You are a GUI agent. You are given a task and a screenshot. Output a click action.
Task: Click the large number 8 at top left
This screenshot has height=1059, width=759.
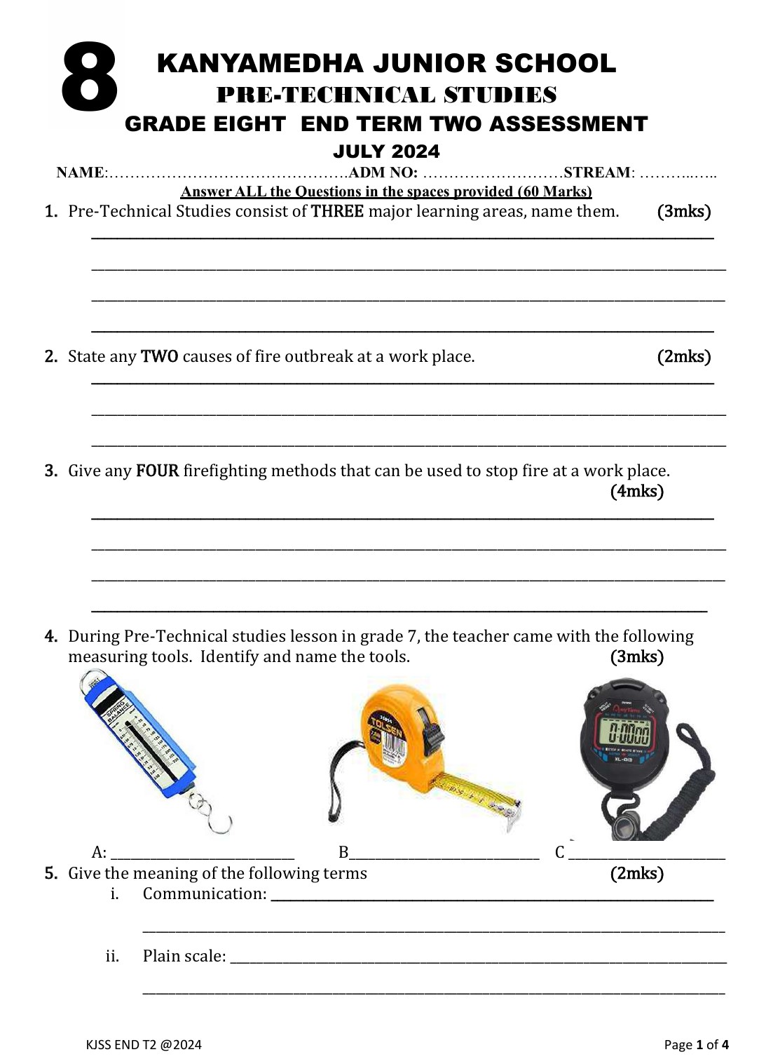point(89,77)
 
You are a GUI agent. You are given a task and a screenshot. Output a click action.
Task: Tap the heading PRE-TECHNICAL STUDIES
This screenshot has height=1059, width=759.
point(386,95)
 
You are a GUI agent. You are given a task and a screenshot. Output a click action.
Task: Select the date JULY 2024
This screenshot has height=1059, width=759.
point(386,151)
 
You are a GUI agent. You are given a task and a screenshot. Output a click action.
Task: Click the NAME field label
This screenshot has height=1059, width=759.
point(80,173)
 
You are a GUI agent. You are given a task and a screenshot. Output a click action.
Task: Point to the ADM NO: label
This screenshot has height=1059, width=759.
point(383,173)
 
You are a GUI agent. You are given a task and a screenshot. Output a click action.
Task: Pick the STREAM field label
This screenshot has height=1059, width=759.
point(597,173)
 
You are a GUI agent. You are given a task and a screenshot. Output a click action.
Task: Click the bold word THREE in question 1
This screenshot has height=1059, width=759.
point(337,212)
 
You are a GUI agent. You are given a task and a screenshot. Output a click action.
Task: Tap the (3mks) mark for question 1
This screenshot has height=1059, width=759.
point(683,212)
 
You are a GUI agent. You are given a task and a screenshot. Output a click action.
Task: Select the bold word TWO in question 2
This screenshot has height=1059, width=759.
point(159,357)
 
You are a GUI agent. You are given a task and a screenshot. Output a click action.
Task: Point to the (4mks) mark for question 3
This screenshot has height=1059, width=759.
point(636,492)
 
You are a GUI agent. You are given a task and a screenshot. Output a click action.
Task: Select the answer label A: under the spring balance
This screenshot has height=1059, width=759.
point(99,853)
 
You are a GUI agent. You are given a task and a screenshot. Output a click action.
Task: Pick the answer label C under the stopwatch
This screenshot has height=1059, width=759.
point(559,853)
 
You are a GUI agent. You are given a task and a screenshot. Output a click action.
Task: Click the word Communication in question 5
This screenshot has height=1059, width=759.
point(204,894)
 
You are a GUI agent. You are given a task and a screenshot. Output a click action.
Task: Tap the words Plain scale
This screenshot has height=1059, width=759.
point(184,957)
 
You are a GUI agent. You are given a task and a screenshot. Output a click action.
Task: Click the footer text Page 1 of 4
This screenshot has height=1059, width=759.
point(696,1045)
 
